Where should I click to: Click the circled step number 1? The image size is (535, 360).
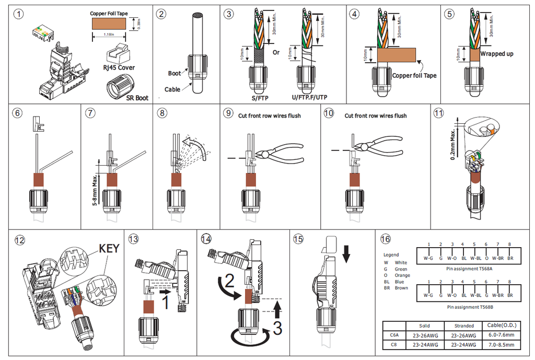[20, 15]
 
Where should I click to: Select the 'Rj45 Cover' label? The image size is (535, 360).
[119, 68]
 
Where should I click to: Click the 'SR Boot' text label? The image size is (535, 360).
[137, 98]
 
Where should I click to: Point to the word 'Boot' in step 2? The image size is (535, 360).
[175, 74]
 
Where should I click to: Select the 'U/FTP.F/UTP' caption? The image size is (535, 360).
[309, 97]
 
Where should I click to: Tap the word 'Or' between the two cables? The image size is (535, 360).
[276, 52]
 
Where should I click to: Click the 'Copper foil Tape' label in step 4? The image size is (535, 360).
[414, 76]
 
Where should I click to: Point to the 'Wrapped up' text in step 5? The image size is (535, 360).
[496, 54]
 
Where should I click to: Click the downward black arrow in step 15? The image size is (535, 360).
[346, 254]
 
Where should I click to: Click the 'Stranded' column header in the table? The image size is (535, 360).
[464, 326]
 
